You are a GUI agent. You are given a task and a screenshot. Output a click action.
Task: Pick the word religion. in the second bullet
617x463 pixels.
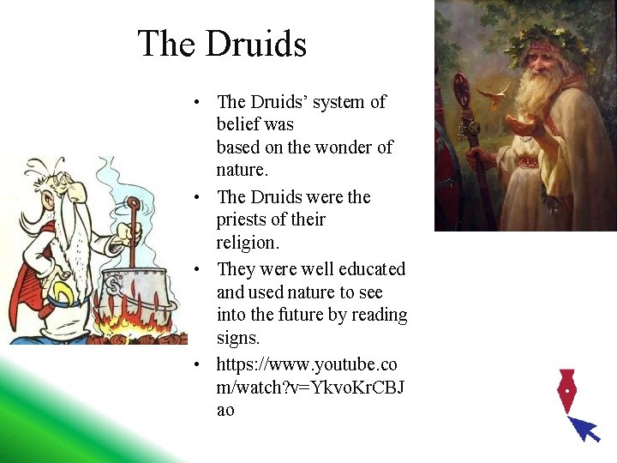(x=248, y=242)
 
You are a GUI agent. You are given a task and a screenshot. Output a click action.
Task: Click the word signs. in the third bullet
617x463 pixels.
(x=237, y=337)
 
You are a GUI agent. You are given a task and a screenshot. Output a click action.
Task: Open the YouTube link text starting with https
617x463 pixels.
(x=306, y=364)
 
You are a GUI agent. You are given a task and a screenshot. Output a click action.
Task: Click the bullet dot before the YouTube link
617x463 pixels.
(x=197, y=365)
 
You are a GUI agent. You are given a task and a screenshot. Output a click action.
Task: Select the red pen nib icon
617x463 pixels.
(x=566, y=390)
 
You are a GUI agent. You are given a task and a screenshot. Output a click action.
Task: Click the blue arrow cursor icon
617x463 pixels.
(x=585, y=428)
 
